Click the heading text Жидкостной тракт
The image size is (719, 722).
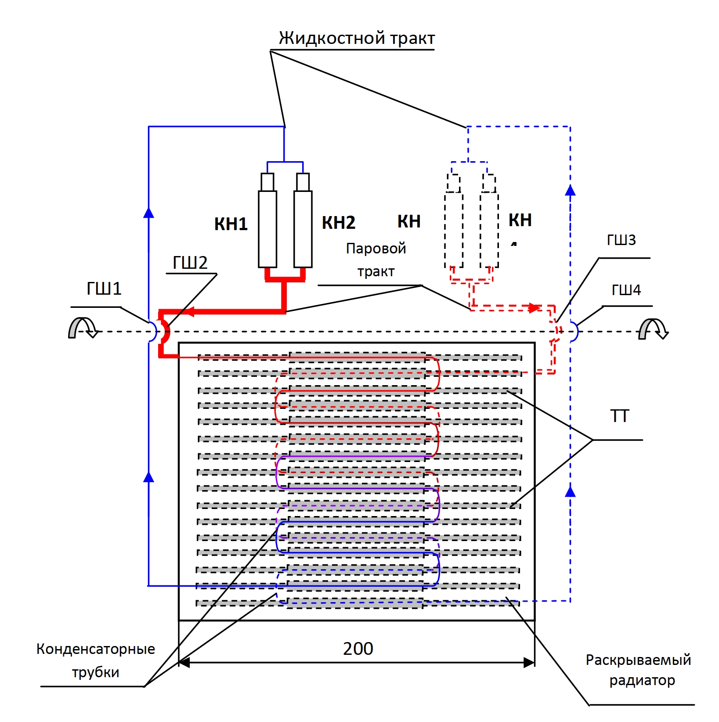(357, 38)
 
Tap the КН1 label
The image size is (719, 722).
(231, 224)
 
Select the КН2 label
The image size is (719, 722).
(338, 223)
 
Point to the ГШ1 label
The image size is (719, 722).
(104, 289)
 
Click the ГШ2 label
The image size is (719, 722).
(190, 263)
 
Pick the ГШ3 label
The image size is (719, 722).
(621, 240)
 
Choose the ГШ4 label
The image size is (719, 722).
(626, 290)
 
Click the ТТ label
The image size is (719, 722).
(620, 416)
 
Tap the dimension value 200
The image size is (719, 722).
(358, 649)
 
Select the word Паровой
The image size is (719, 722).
(376, 249)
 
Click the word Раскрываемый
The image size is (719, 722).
(638, 660)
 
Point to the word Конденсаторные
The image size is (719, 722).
(96, 649)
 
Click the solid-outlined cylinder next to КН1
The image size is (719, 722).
(267, 228)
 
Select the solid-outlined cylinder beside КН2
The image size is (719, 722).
(303, 228)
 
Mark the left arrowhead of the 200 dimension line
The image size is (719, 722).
(184, 663)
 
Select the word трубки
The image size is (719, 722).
(96, 672)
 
